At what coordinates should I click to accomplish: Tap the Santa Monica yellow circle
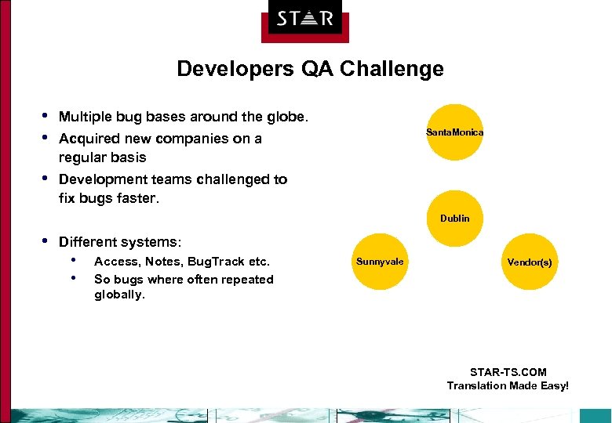coord(455,132)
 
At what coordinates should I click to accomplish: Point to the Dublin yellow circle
coord(455,219)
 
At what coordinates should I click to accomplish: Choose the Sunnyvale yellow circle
coord(381,262)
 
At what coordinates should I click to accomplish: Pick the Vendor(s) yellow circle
coord(529,262)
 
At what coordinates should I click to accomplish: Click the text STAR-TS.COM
coord(508,372)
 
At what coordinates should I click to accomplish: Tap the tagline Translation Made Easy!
coord(508,385)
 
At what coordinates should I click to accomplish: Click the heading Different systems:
coord(120,242)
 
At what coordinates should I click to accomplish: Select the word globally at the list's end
coord(119,295)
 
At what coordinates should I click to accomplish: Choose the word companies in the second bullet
coord(198,139)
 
